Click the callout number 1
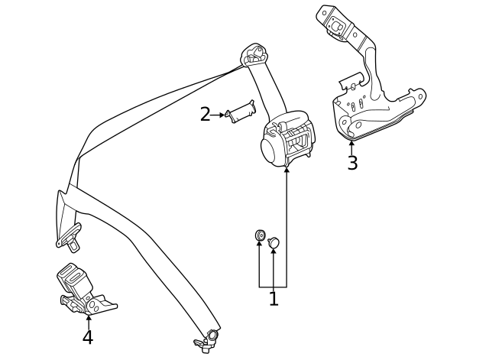point(273,300)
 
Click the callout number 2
point(205,115)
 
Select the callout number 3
point(351,164)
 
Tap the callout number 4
point(88,337)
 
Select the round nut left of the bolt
point(260,235)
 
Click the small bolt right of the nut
point(274,242)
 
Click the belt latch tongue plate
point(70,238)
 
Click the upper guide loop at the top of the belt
point(254,54)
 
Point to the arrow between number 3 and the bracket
point(351,147)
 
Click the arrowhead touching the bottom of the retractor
point(287,170)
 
